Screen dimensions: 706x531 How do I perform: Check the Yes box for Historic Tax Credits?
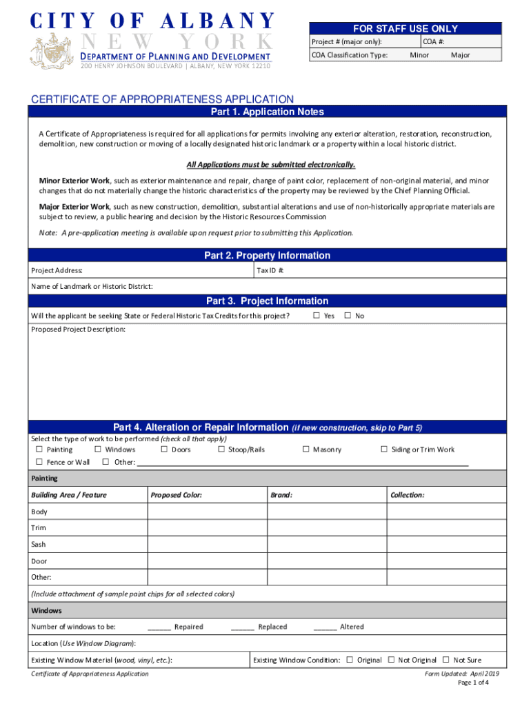coord(316,316)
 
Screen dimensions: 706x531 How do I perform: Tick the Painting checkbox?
coord(39,450)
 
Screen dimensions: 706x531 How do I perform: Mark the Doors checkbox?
coord(163,450)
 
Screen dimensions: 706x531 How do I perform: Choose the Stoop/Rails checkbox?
coord(221,450)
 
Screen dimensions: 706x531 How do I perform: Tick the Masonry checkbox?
coord(305,450)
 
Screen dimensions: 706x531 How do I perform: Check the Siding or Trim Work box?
coord(384,450)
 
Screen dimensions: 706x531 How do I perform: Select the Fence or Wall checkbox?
coord(39,462)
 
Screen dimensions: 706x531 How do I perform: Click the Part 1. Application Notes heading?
coord(267,112)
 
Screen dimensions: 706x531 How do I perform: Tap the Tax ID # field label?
coord(270,271)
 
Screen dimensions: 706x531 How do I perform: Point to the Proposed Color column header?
coord(176,495)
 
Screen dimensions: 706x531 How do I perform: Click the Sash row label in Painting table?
coord(39,545)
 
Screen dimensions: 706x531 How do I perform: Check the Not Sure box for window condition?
coord(445,660)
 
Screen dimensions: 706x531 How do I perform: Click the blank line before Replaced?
coord(242,627)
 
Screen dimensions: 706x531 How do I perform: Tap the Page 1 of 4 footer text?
coord(473,683)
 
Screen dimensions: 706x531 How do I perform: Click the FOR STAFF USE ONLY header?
coord(405,29)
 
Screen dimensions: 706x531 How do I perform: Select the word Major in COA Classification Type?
coord(460,54)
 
